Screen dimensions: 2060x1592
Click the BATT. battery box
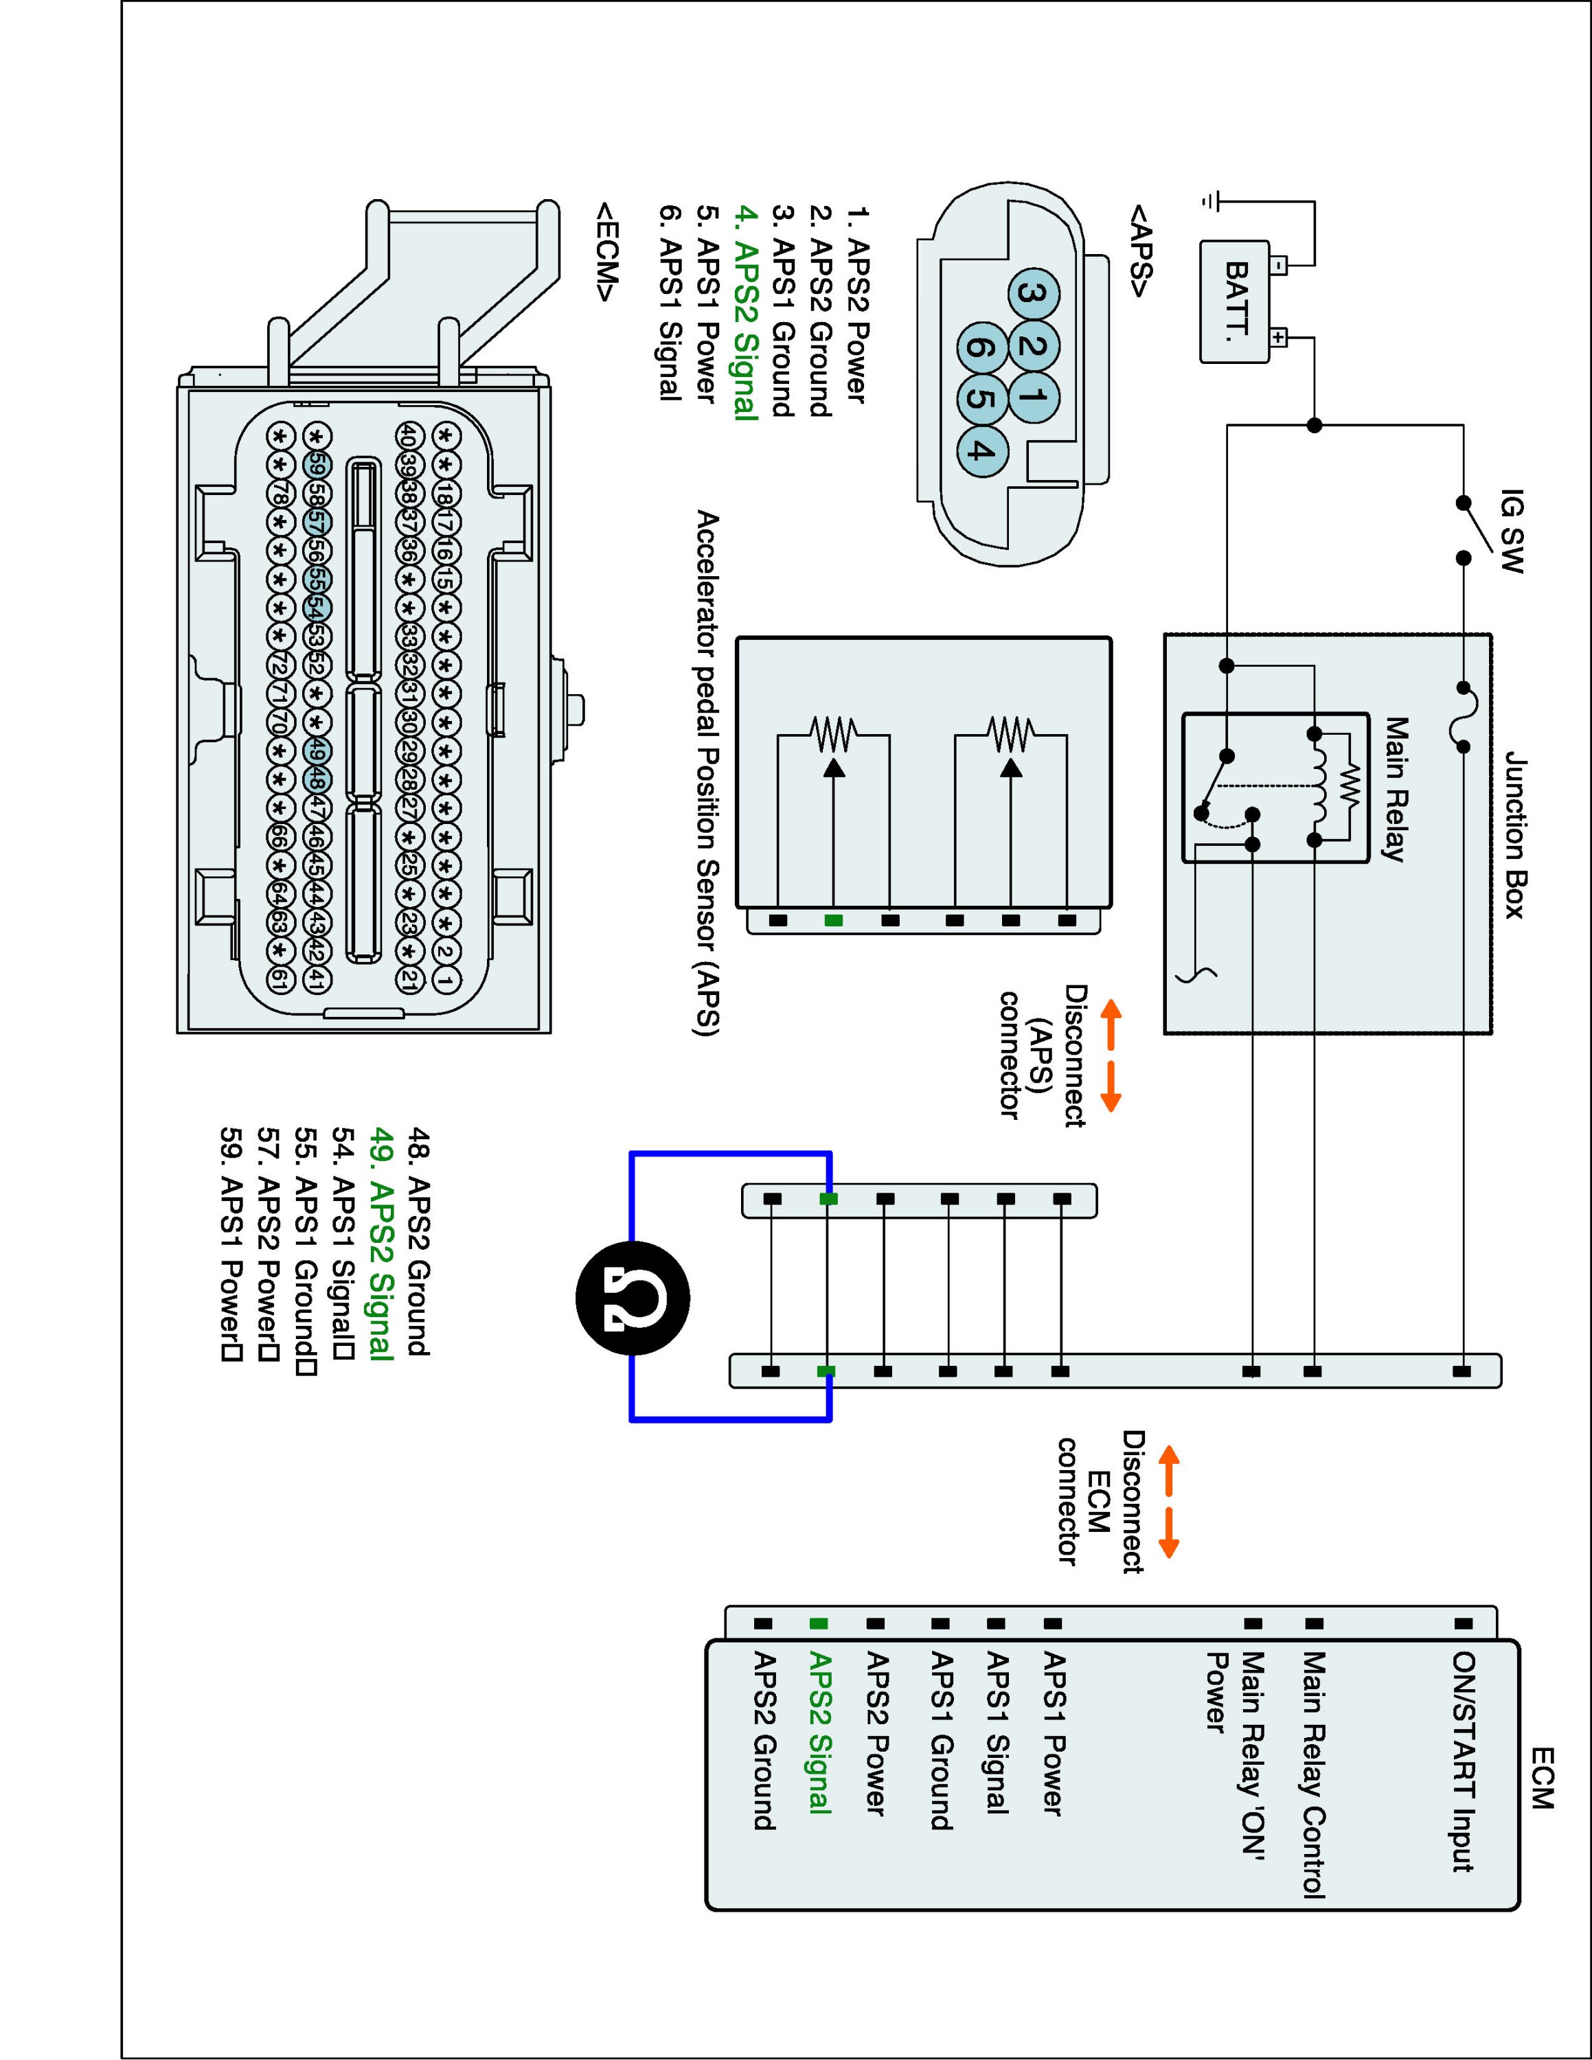1235,302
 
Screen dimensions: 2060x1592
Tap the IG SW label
1511,530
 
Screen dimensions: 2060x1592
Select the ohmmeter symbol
633,1300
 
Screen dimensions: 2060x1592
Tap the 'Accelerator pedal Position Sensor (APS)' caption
707,773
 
